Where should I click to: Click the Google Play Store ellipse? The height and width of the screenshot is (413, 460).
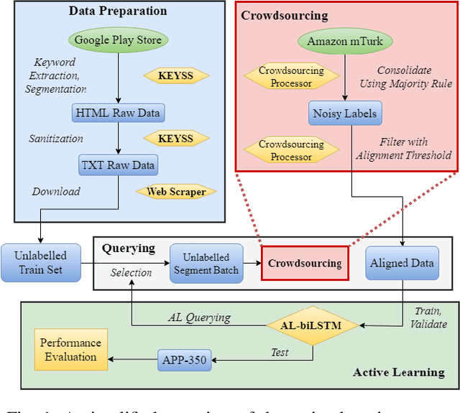tap(118, 40)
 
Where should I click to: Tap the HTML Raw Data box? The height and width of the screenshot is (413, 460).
tap(118, 112)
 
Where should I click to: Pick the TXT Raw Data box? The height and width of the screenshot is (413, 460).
tap(118, 164)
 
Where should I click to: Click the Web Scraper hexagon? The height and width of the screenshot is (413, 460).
tap(177, 192)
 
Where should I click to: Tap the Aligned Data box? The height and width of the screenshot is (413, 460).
tap(402, 263)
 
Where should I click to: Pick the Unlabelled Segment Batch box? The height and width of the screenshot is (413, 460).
tap(206, 264)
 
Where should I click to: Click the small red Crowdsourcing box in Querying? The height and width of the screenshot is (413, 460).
tap(304, 263)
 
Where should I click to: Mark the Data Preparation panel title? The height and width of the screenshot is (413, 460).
tap(117, 11)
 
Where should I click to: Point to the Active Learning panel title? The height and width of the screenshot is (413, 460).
tap(399, 372)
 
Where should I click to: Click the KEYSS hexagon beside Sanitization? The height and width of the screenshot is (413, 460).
tap(177, 138)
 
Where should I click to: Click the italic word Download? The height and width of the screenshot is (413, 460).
tap(55, 192)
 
